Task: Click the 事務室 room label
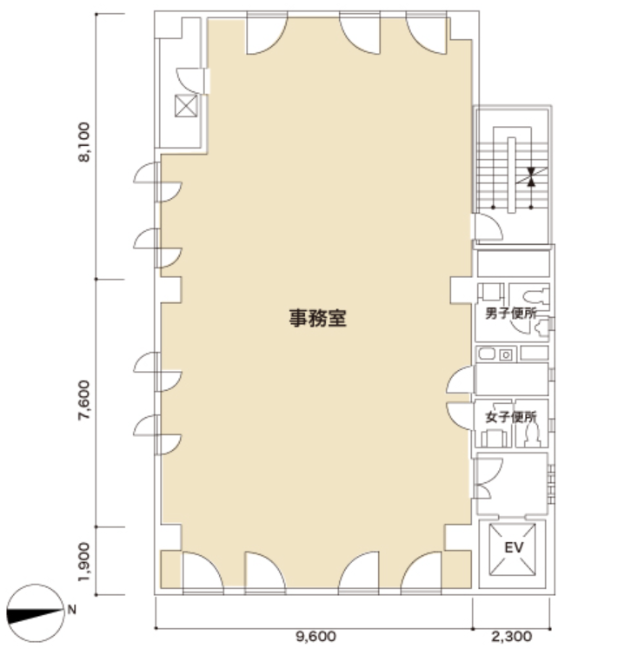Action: tap(317, 318)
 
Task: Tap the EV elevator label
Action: tap(514, 547)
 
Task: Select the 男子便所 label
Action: tap(511, 314)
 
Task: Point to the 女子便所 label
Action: tap(511, 417)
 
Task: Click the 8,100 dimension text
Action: tap(84, 142)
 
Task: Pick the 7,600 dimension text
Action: tap(84, 400)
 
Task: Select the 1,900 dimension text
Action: tap(84, 561)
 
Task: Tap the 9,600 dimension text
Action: tap(315, 637)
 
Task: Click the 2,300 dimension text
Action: tap(511, 637)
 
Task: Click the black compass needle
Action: tap(34, 616)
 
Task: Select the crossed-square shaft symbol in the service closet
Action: tap(186, 106)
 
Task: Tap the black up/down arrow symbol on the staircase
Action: tap(531, 176)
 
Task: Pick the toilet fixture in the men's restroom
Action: tap(536, 294)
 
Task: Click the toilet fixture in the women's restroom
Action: tap(532, 434)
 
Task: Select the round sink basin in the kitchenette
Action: tap(506, 355)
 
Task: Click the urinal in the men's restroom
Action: tap(543, 327)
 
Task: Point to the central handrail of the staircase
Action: tap(511, 175)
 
